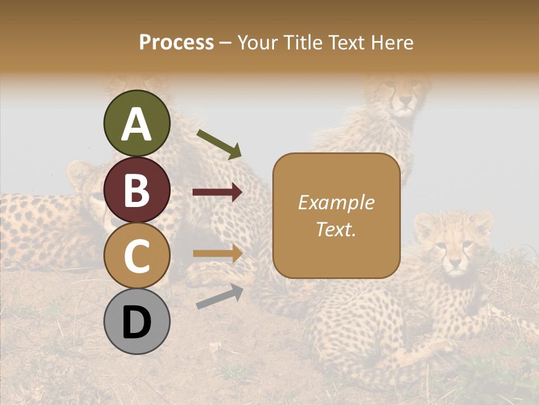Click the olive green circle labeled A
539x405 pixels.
tap(136, 124)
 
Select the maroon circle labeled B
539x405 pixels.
tap(136, 190)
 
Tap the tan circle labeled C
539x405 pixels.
tap(136, 255)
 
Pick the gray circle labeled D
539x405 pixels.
tap(136, 321)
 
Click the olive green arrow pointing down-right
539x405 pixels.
tap(219, 144)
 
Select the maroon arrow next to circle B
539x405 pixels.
tap(217, 192)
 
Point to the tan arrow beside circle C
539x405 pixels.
tap(217, 253)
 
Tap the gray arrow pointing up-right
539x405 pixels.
tap(220, 296)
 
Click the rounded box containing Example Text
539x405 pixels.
tap(336, 215)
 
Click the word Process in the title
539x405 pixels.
tap(176, 42)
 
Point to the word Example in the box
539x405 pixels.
tap(336, 202)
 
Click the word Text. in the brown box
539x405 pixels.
tap(336, 229)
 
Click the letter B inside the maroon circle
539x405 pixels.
tap(136, 190)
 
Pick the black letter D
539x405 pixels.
tap(136, 322)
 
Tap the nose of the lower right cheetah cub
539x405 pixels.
tap(454, 262)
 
